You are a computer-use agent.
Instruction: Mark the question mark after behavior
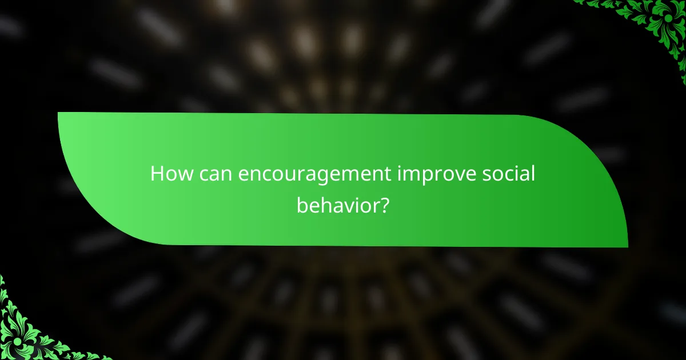pyautogui.click(x=385, y=204)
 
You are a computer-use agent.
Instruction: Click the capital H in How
pyautogui.click(x=157, y=175)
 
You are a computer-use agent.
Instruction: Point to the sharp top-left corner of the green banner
pyautogui.click(x=59, y=113)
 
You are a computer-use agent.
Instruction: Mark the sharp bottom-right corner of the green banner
pyautogui.click(x=627, y=246)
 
